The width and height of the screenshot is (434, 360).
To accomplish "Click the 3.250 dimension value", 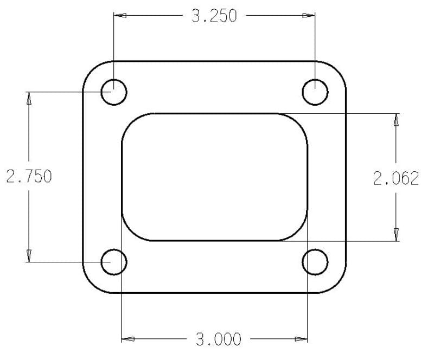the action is point(214,16).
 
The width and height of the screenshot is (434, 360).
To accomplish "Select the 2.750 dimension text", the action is point(29,176).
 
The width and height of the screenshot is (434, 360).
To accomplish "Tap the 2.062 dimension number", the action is point(396,178).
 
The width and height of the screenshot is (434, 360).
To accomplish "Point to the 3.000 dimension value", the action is point(219,339).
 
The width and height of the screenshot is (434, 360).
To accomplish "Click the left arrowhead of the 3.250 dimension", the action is point(120,16).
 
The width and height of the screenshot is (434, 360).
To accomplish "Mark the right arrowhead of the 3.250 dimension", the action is point(309,16).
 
